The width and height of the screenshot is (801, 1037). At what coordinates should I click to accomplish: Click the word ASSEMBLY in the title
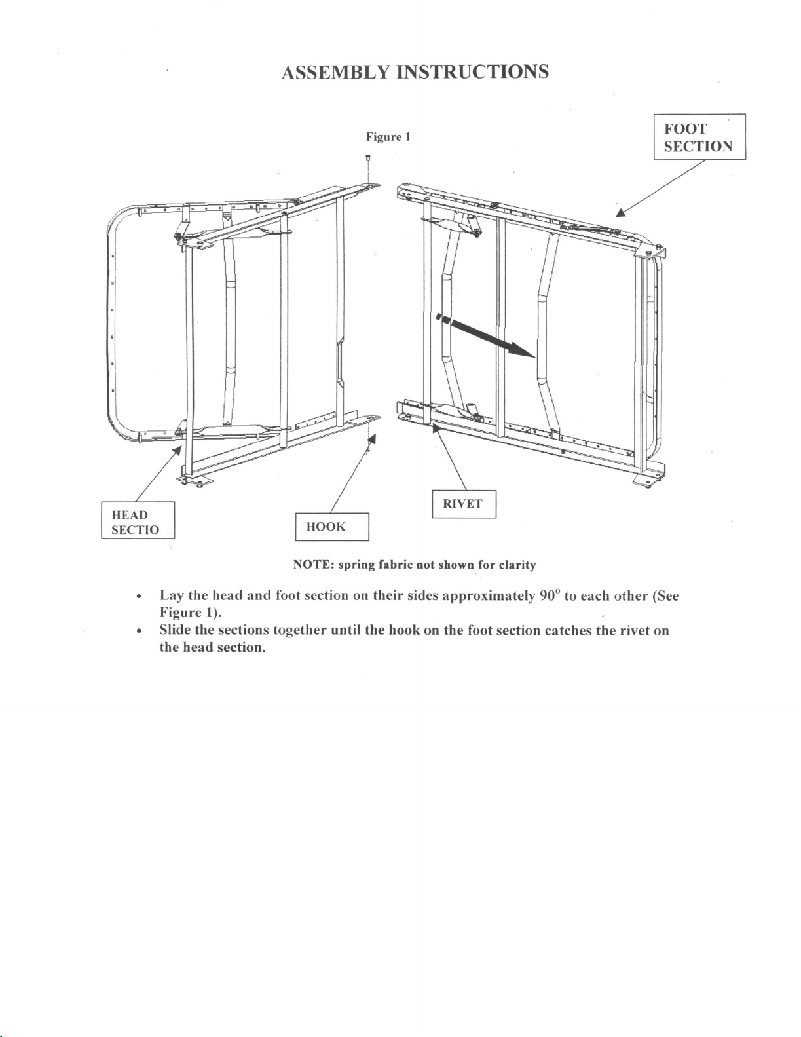point(335,72)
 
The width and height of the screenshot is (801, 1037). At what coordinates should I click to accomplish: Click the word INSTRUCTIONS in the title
point(473,72)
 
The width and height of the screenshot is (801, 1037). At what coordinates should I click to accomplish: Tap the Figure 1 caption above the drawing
point(388,137)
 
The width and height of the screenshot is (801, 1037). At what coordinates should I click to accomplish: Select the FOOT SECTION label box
point(699,137)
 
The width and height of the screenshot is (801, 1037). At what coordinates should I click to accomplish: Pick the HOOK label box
point(332,527)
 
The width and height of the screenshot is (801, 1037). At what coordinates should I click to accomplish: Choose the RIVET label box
point(464,504)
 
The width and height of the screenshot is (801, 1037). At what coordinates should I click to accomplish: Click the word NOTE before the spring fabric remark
point(313,565)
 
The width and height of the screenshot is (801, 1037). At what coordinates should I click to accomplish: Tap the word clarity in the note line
point(517,565)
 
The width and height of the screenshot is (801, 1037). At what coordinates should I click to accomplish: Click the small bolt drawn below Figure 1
point(368,159)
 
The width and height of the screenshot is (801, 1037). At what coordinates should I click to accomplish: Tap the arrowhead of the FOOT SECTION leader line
point(620,212)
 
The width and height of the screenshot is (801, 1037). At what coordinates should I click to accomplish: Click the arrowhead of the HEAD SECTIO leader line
point(177,449)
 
